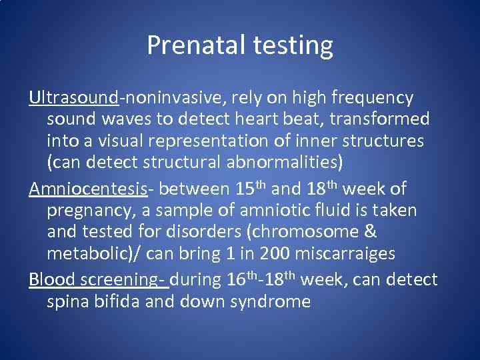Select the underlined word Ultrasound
73,98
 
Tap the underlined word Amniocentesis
88,189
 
